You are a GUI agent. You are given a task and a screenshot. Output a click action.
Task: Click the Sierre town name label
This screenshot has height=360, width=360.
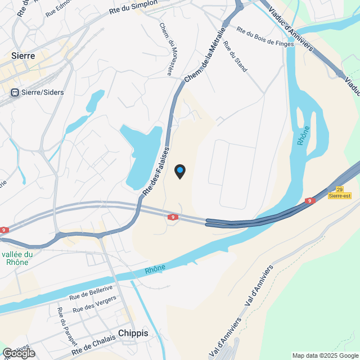(x=23, y=56)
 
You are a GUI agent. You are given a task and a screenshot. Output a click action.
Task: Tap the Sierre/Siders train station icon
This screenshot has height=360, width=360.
(x=15, y=92)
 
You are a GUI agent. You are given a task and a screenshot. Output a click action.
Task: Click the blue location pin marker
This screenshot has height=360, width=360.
(x=180, y=171)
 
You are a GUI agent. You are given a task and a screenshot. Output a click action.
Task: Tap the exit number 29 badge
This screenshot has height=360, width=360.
(x=339, y=190)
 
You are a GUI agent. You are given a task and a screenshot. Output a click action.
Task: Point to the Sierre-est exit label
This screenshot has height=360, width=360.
(x=340, y=196)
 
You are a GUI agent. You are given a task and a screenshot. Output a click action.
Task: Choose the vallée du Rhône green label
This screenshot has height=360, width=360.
(x=17, y=258)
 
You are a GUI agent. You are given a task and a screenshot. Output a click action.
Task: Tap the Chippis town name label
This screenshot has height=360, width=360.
(x=133, y=333)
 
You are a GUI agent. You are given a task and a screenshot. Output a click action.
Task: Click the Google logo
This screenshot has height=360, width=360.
(x=19, y=353)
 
